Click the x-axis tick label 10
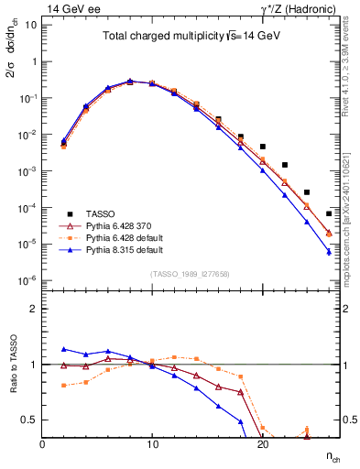click(x=152, y=443)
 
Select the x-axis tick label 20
click(x=262, y=443)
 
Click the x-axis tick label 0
click(x=42, y=443)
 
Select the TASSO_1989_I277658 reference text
click(x=191, y=274)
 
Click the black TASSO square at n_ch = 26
click(x=329, y=213)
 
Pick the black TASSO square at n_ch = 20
click(x=263, y=147)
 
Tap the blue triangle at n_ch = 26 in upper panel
click(x=329, y=252)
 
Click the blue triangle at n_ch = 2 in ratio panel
click(x=64, y=349)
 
